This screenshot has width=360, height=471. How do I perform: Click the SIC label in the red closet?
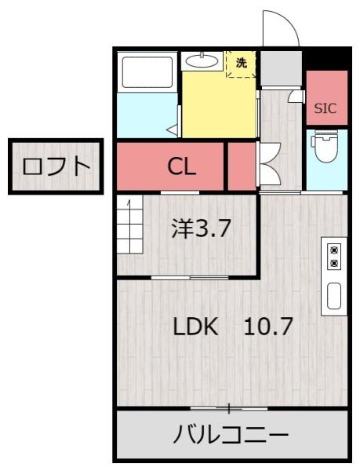coord(325,108)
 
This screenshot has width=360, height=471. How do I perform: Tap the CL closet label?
coord(183,166)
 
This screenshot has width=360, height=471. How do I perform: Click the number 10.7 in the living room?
coord(267,327)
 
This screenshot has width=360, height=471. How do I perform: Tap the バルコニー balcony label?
coord(231,434)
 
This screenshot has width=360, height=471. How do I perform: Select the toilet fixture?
coord(325,150)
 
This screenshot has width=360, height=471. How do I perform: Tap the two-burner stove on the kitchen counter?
coord(334,256)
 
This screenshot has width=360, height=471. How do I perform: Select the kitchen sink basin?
coord(334,296)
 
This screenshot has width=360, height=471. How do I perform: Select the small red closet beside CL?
coord(241,166)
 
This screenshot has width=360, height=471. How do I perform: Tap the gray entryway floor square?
coord(280,69)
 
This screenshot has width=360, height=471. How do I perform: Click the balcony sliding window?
coord(229,408)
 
